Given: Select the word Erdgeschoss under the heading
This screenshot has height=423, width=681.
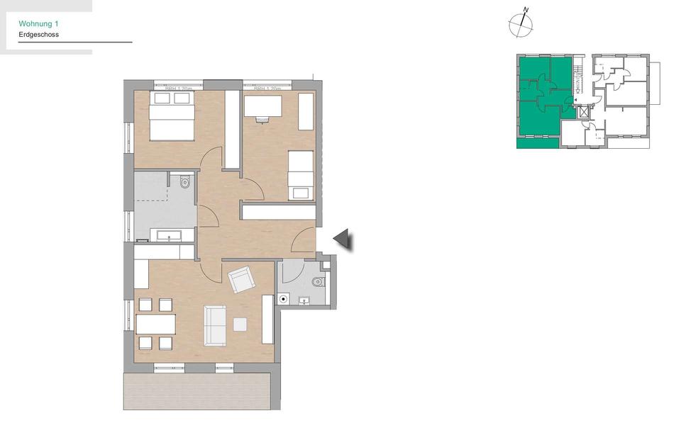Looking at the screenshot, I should [38, 34].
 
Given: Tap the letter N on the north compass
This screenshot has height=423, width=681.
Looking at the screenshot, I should [526, 10].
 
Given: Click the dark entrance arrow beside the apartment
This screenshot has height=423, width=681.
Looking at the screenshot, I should [343, 239].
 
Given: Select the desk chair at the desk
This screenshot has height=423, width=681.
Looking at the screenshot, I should [263, 119].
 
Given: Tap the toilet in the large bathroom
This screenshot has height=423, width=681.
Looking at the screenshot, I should [185, 182].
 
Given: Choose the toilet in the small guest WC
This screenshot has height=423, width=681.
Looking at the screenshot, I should [317, 282].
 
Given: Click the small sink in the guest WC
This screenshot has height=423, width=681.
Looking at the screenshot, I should [305, 300].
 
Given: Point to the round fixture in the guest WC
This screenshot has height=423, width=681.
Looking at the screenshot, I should [284, 299].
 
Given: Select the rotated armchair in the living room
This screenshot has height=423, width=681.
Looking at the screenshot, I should [240, 279].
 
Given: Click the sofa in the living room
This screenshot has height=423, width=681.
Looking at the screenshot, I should [215, 325].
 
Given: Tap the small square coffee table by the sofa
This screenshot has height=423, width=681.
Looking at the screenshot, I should [240, 324].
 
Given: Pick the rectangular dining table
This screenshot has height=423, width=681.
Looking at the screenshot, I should [156, 324].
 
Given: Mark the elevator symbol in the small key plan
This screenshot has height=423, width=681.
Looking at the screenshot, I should [585, 111].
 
